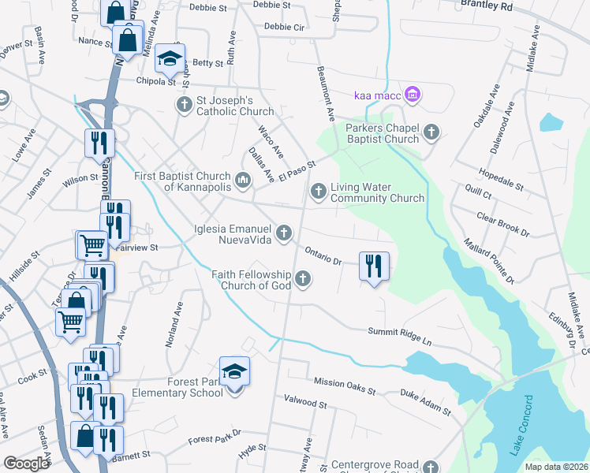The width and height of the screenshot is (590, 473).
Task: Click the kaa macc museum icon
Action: click(411, 95)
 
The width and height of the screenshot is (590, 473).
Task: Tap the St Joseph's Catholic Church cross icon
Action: click(184, 105)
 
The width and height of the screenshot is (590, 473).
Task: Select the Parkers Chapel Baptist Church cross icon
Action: click(431, 132)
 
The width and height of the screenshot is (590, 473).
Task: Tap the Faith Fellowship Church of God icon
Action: click(301, 278)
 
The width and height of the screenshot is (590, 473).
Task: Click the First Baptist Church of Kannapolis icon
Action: click(243, 181)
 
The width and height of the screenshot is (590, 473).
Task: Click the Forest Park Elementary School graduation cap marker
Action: click(234, 371)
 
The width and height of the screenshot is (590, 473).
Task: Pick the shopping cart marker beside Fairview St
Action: click(92, 245)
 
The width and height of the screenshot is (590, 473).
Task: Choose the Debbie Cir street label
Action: click(284, 26)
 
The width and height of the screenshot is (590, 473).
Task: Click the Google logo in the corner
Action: click(26, 464)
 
